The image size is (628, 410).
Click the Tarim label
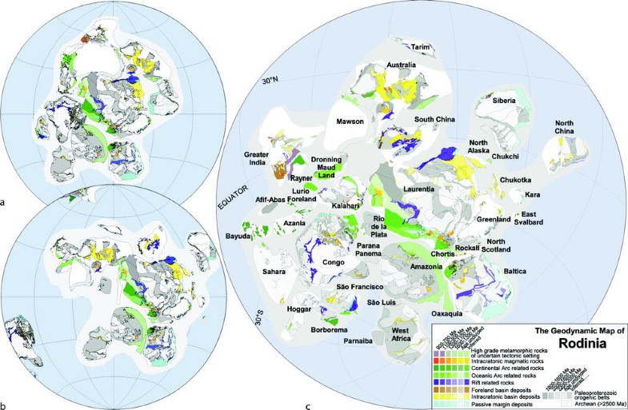point(421,47)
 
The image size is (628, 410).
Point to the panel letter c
point(309,404)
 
